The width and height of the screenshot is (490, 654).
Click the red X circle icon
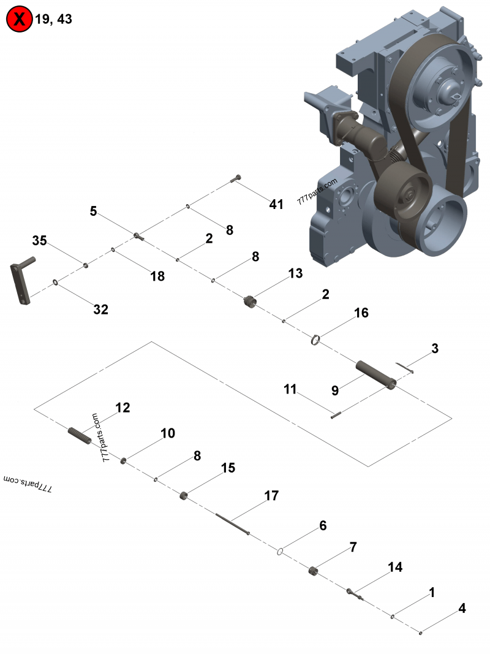[19, 19]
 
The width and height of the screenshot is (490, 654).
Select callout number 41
[276, 204]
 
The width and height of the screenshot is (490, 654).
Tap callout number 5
[93, 211]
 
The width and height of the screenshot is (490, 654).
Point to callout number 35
[39, 241]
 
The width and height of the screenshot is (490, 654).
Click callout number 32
[100, 310]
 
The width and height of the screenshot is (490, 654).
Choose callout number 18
[157, 276]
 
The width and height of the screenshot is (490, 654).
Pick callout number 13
[295, 273]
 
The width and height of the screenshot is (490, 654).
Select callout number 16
[361, 313]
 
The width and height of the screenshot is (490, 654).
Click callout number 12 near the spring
[123, 408]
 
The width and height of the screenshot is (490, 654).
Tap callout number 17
[271, 495]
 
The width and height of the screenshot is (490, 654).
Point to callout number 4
[462, 609]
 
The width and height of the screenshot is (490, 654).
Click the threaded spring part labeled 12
[79, 435]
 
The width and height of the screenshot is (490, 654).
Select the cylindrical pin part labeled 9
[377, 374]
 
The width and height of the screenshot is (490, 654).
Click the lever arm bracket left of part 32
[22, 281]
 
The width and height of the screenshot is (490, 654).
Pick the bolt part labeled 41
[236, 178]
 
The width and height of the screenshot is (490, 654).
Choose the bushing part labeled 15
[183, 495]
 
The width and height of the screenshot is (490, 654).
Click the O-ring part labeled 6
[279, 551]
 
